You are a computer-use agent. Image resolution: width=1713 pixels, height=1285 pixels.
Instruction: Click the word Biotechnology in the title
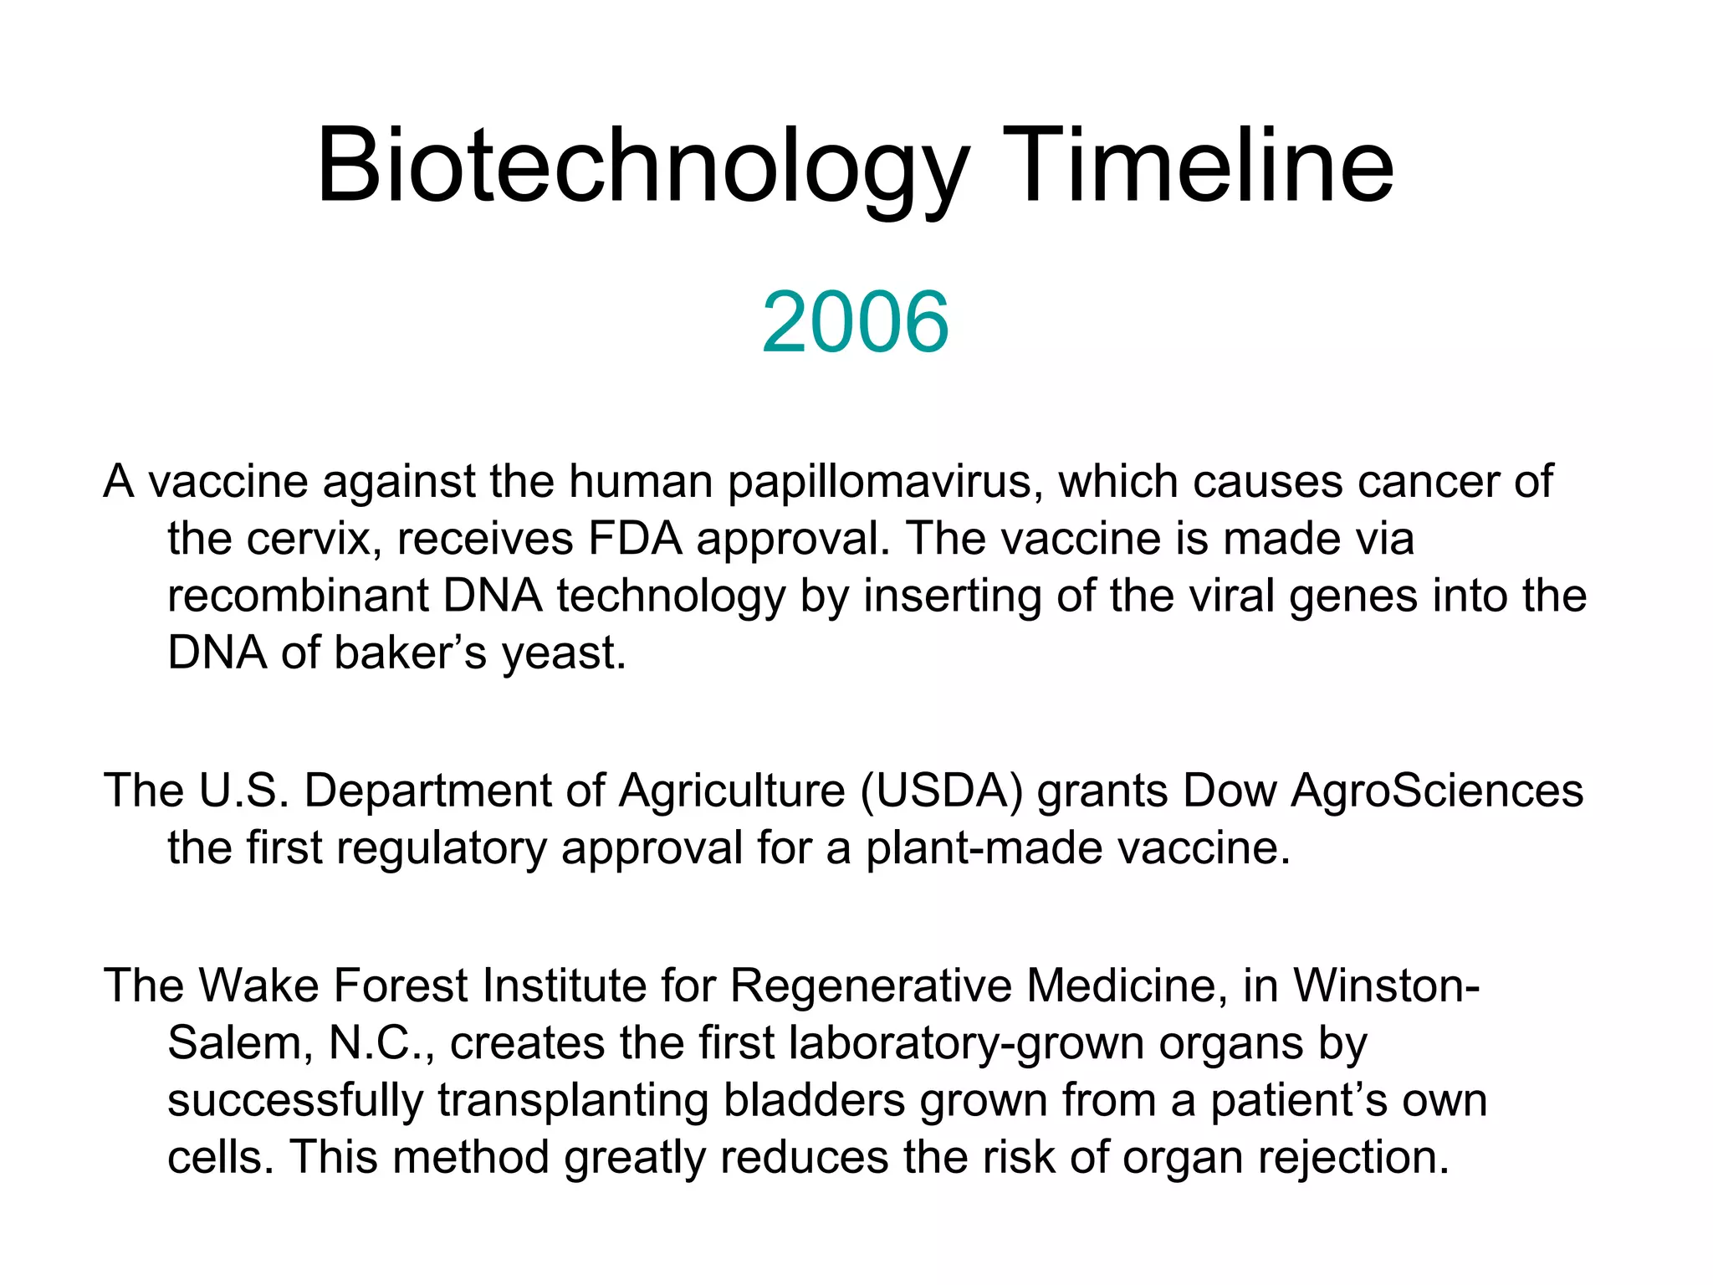click(x=642, y=167)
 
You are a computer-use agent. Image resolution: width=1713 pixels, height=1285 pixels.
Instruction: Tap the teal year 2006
click(x=855, y=322)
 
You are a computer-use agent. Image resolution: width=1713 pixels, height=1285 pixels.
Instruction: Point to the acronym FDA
click(x=635, y=539)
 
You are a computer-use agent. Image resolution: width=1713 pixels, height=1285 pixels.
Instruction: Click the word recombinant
click(x=298, y=596)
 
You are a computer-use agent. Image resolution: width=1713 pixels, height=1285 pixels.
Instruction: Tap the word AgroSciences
click(x=1436, y=791)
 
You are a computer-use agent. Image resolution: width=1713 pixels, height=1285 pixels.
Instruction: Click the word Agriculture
click(x=732, y=791)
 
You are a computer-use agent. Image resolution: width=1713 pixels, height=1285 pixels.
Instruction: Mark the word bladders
click(x=814, y=1100)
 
